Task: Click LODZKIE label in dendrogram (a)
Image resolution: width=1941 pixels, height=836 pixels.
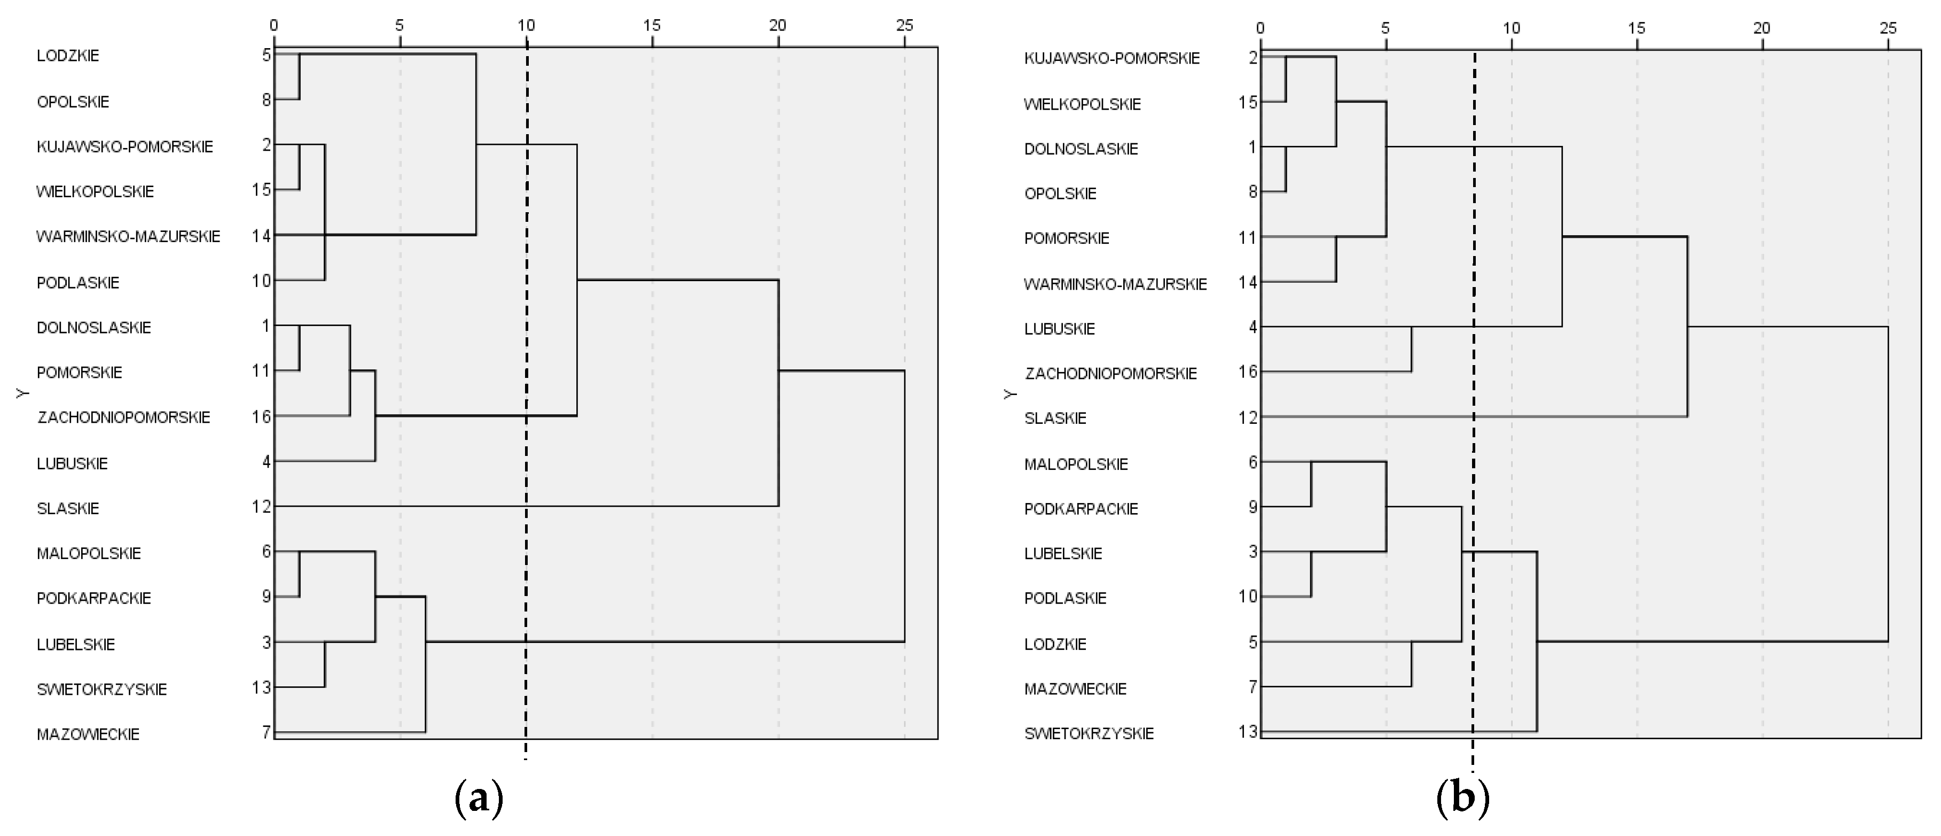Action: (68, 56)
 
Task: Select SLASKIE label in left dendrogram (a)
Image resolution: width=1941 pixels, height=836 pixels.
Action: (68, 509)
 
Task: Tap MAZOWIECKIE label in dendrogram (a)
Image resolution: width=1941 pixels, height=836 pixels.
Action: (88, 734)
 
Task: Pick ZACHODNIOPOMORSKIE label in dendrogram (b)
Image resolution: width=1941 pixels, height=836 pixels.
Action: (1110, 374)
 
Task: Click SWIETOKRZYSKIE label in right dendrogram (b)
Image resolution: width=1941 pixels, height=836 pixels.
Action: (1089, 733)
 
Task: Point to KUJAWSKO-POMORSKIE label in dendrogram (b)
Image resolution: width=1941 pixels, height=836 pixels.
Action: (1112, 59)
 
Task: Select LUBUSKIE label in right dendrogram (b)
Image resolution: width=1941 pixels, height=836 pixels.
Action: (1059, 329)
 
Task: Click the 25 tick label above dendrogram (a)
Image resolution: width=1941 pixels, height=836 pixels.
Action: (904, 26)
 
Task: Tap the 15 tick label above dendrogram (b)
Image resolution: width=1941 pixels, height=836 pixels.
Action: (1636, 29)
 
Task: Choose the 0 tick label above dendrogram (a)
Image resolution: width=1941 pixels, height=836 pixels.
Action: (273, 26)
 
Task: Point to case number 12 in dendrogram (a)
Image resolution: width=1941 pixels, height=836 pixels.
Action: (262, 507)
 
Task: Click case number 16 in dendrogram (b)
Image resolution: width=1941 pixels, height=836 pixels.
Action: (1248, 371)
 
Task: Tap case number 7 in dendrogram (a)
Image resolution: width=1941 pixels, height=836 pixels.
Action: (266, 732)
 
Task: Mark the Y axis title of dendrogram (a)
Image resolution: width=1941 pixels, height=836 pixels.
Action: (22, 393)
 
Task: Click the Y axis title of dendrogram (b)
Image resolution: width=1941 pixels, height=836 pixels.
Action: (1011, 393)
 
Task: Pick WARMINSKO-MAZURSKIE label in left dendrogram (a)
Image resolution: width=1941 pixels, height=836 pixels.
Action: (128, 237)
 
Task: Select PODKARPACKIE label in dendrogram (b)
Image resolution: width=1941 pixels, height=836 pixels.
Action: (1081, 509)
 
